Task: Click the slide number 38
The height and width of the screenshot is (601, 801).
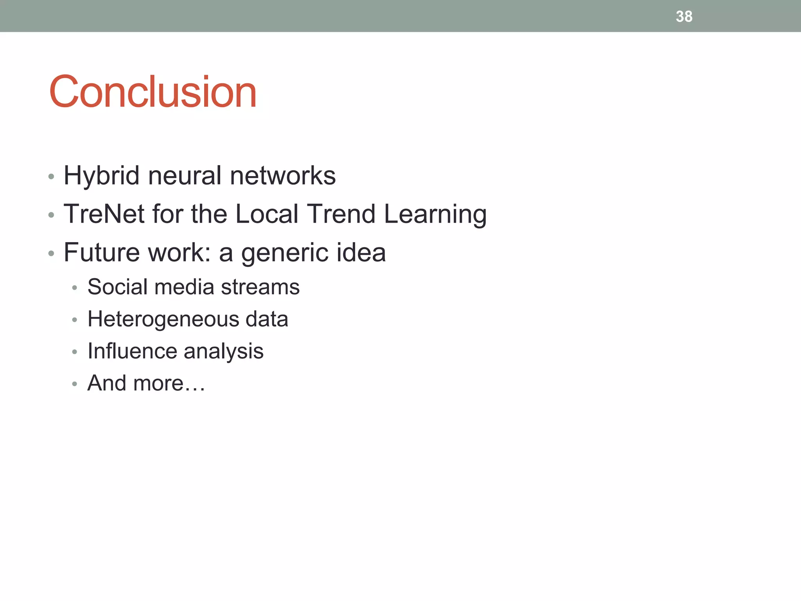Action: tap(684, 16)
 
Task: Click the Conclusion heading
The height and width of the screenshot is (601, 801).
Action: tap(153, 92)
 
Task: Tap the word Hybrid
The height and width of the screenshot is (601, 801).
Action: tap(101, 176)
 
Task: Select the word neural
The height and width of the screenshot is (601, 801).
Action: tap(185, 176)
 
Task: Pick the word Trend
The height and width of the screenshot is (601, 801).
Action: tap(341, 214)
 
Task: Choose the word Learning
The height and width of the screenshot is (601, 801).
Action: tap(435, 215)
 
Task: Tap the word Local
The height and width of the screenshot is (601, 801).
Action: tap(267, 214)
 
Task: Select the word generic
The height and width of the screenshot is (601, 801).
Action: tap(280, 253)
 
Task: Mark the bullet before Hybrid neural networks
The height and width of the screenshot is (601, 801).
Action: tap(51, 177)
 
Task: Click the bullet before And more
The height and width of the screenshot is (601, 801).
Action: tap(75, 384)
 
